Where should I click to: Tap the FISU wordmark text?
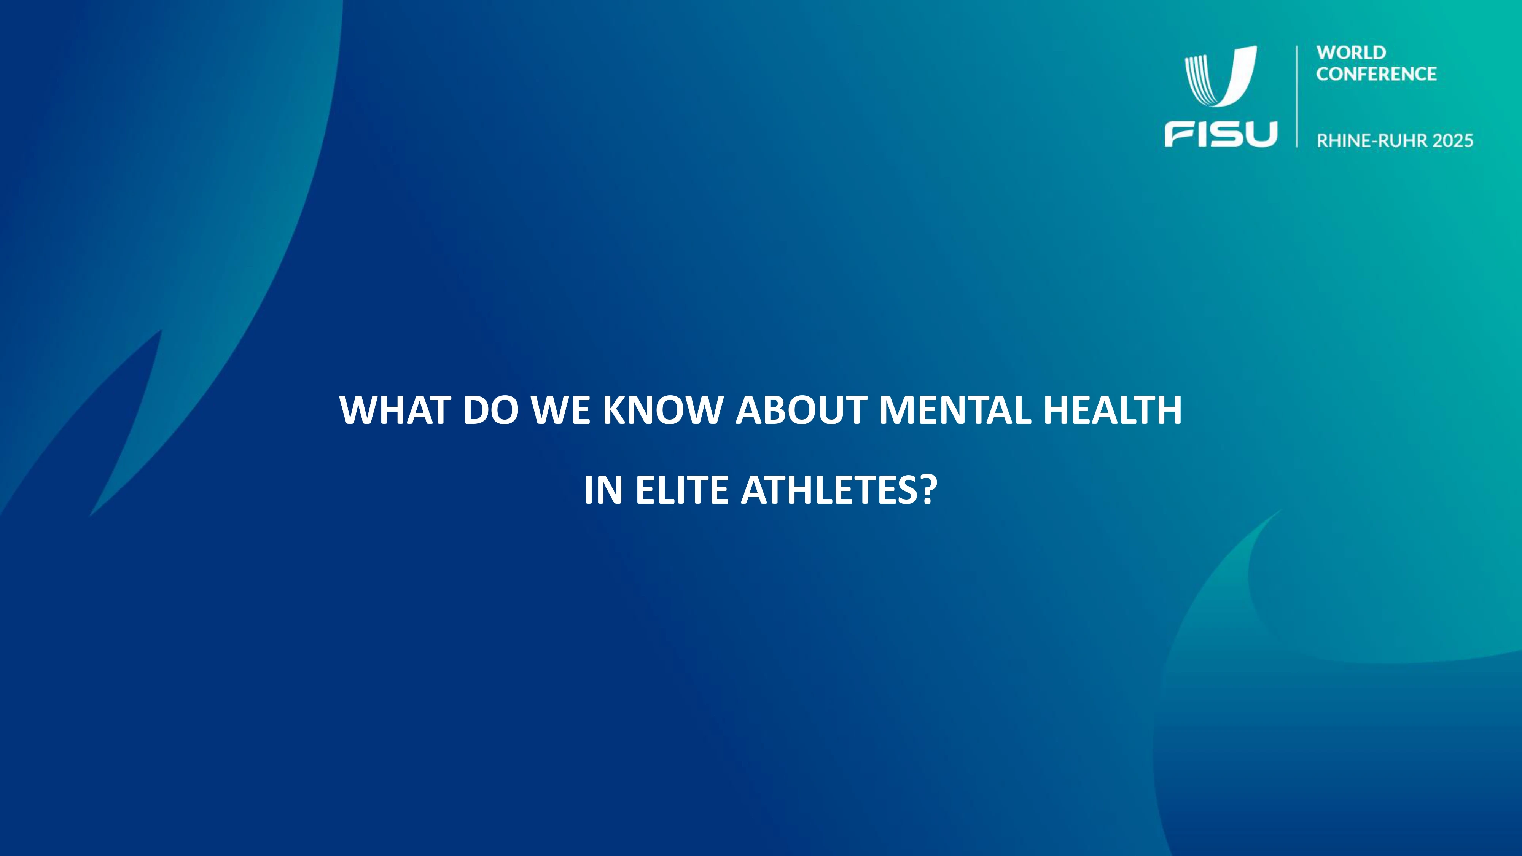coord(1220,134)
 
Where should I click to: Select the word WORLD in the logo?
coord(1351,53)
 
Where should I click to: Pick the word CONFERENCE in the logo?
coord(1376,74)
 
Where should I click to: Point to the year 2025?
coord(1453,141)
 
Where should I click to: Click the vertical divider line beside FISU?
coord(1297,96)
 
